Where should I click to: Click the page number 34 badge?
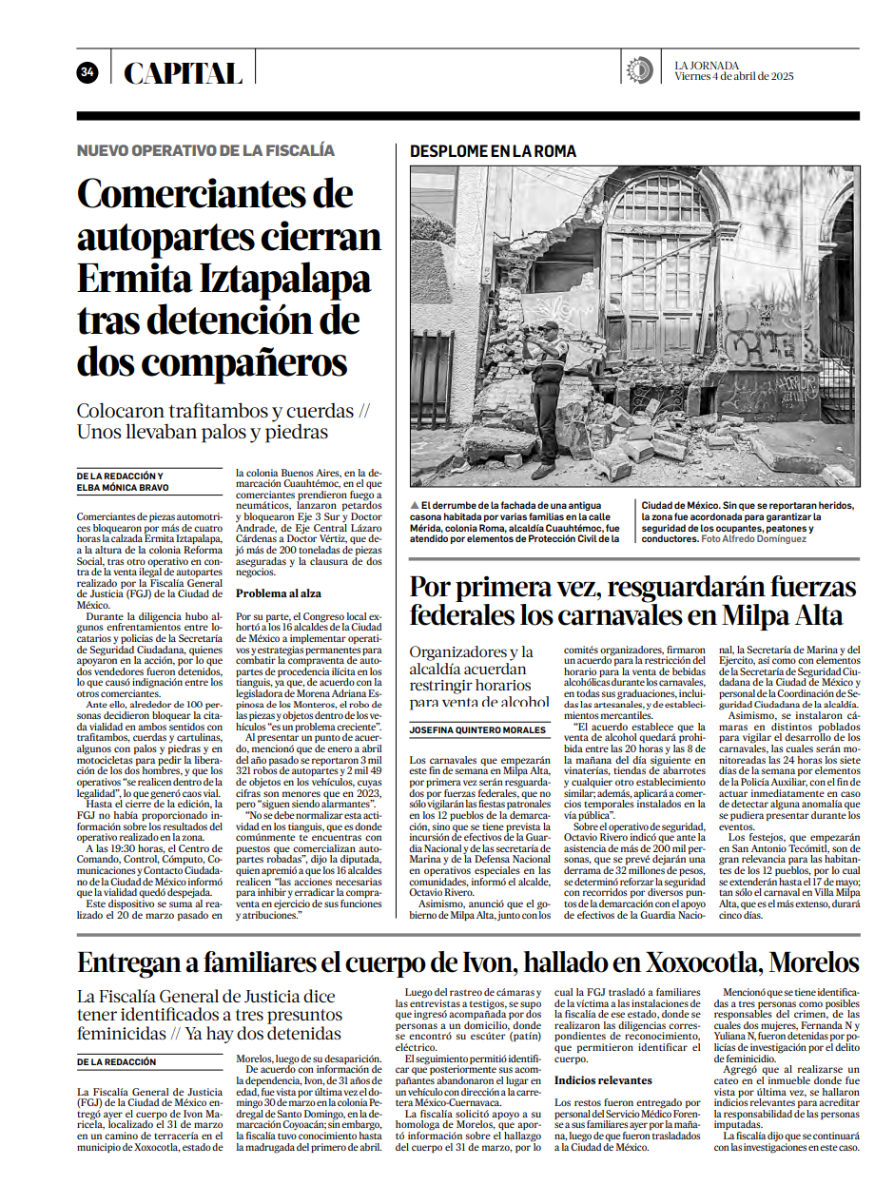click(87, 72)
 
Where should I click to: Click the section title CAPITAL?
click(183, 73)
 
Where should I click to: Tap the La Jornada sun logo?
click(639, 70)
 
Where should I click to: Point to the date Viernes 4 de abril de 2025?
click(734, 77)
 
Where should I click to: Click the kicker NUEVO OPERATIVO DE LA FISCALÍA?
click(205, 150)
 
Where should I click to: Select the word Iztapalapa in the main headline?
click(275, 279)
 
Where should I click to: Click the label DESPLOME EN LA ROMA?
click(493, 151)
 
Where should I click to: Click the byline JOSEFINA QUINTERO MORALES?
click(478, 730)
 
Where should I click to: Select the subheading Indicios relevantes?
click(603, 1080)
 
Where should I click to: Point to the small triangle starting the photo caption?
click(415, 504)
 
